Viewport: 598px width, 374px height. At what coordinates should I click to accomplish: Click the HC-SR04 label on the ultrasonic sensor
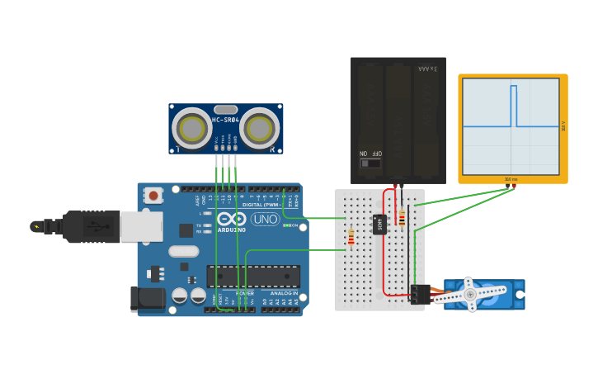pos(225,120)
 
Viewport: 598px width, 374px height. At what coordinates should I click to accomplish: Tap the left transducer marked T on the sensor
pos(192,129)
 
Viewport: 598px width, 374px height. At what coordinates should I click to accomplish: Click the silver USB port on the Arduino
pos(141,226)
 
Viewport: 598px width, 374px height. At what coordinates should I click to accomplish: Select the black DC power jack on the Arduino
pos(147,299)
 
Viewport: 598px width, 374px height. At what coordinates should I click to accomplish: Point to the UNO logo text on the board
pos(265,219)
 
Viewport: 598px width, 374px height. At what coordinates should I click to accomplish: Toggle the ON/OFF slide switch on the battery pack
pos(370,163)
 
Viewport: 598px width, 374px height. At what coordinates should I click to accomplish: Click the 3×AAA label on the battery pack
pos(427,69)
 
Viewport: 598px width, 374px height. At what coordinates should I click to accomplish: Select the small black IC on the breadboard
pos(379,224)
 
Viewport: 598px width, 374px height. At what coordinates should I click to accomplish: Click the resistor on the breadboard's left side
pos(351,238)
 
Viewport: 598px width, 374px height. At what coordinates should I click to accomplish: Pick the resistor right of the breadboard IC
pos(402,217)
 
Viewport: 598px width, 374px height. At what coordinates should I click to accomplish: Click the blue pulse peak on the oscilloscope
pos(513,87)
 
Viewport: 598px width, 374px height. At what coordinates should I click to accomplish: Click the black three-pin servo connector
pos(418,294)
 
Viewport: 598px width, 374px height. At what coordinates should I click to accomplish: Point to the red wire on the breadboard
pos(384,248)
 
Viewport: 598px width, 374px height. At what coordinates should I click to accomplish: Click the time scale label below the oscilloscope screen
pos(511,179)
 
